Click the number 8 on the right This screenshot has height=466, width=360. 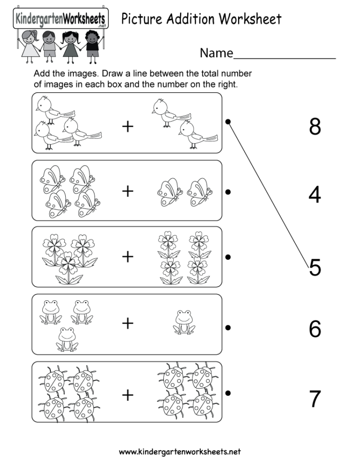coord(315,127)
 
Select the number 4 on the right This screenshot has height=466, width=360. coord(315,195)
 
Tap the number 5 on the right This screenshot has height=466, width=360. coord(315,268)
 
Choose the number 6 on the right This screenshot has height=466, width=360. coord(315,329)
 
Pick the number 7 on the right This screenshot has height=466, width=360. coord(315,399)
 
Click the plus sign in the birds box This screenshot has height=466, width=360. coord(127,127)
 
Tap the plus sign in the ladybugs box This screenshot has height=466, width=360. coord(127,395)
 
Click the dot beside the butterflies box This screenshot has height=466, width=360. coord(228,192)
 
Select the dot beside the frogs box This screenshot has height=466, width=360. coord(228,328)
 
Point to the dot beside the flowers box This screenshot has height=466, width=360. coord(228,257)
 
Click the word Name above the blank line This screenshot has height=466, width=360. coord(216,53)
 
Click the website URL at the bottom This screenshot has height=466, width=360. coord(180,452)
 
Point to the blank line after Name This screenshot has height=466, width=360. coord(284,58)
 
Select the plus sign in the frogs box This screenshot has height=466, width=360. coord(127,323)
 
